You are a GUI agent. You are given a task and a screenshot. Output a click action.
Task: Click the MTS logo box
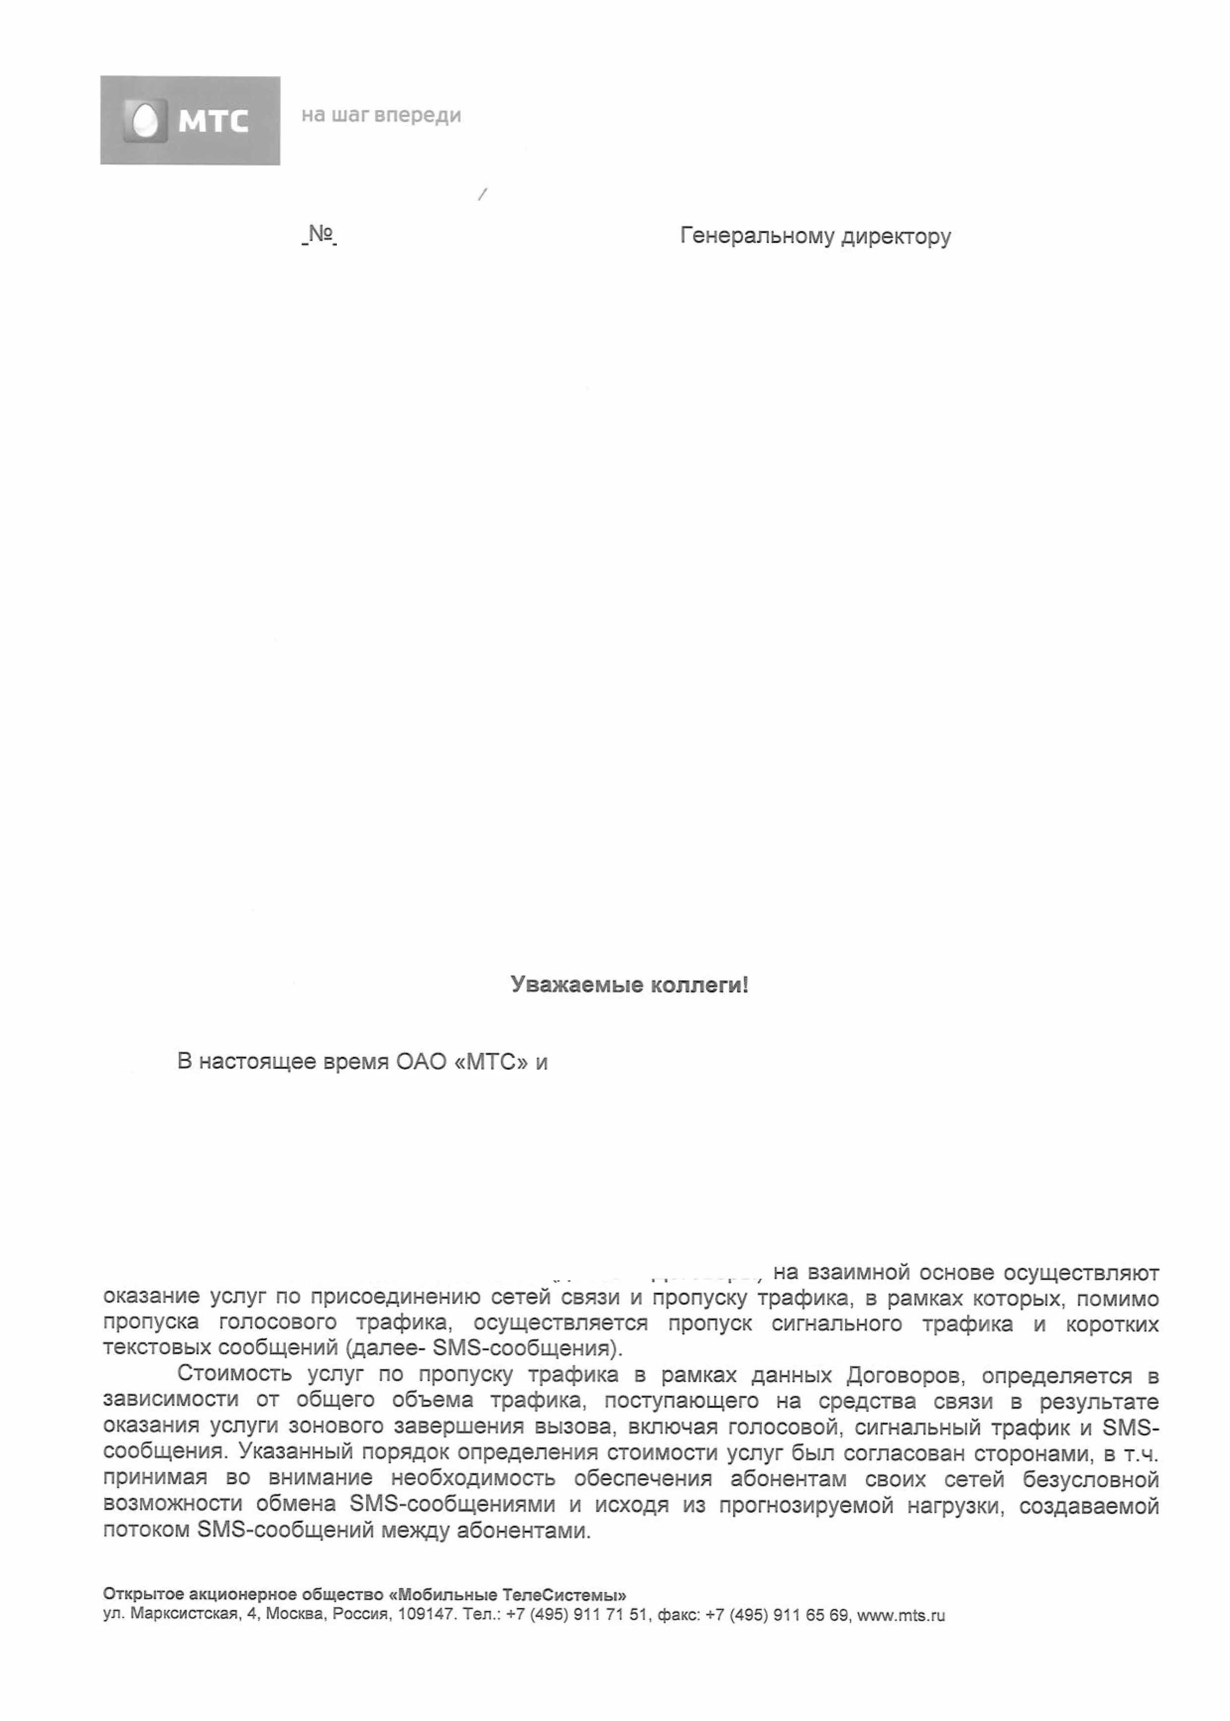[190, 120]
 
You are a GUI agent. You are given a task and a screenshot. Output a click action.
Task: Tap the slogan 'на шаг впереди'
[381, 115]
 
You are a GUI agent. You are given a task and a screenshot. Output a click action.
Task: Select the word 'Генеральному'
[757, 237]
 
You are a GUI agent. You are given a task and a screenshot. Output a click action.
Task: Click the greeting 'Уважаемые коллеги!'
[630, 985]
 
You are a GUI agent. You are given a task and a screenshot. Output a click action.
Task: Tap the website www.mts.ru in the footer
[901, 1615]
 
